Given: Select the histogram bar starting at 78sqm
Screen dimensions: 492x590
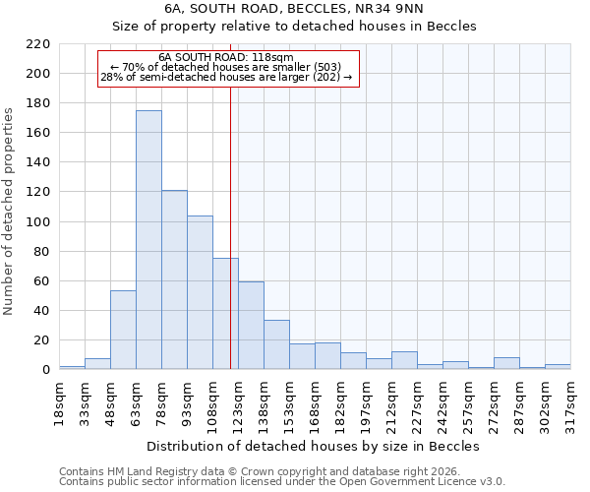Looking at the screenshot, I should (x=174, y=280).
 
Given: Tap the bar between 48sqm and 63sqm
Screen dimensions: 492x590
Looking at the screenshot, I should (x=123, y=330).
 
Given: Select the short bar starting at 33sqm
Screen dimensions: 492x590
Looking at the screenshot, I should (x=97, y=364).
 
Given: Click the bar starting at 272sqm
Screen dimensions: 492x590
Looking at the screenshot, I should (x=506, y=363).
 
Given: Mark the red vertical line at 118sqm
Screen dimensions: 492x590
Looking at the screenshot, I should (x=230, y=246).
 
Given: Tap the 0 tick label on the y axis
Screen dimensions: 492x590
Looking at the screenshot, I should (x=45, y=370).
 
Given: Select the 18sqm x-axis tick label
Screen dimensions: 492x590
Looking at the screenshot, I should (x=60, y=403).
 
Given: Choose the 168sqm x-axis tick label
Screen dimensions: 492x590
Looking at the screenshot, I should (x=316, y=403).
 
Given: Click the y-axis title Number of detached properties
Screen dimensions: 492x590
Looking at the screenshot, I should (x=9, y=212).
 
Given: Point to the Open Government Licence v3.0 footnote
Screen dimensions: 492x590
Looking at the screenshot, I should (x=282, y=482).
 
